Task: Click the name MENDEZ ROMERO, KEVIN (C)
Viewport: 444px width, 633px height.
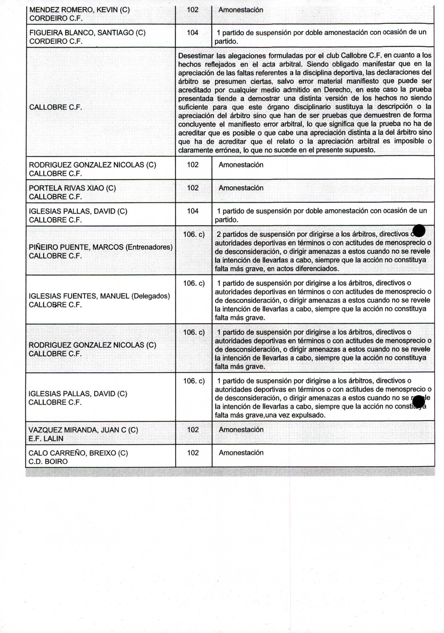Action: click(79, 10)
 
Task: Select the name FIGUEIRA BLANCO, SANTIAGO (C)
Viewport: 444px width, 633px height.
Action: click(87, 33)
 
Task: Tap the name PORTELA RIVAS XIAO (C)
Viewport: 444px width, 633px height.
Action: click(72, 188)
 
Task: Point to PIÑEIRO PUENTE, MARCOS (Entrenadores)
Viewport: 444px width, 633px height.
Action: click(101, 247)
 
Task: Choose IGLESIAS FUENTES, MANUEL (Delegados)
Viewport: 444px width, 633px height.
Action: click(99, 296)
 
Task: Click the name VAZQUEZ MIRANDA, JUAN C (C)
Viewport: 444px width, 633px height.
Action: click(83, 430)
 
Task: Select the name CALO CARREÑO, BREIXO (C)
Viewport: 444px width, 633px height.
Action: click(78, 453)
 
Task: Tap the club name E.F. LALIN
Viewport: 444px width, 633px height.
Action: click(46, 438)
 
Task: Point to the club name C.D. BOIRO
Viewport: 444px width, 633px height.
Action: click(48, 462)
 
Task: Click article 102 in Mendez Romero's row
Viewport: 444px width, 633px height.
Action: click(192, 10)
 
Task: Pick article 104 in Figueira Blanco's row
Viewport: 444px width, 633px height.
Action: click(192, 33)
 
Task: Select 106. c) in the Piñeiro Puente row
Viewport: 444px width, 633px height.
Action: click(194, 234)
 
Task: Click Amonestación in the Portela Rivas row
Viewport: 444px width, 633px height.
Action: click(241, 188)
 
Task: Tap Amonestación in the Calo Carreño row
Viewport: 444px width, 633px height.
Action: click(241, 453)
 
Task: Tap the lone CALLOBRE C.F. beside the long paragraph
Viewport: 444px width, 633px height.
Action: click(55, 107)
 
